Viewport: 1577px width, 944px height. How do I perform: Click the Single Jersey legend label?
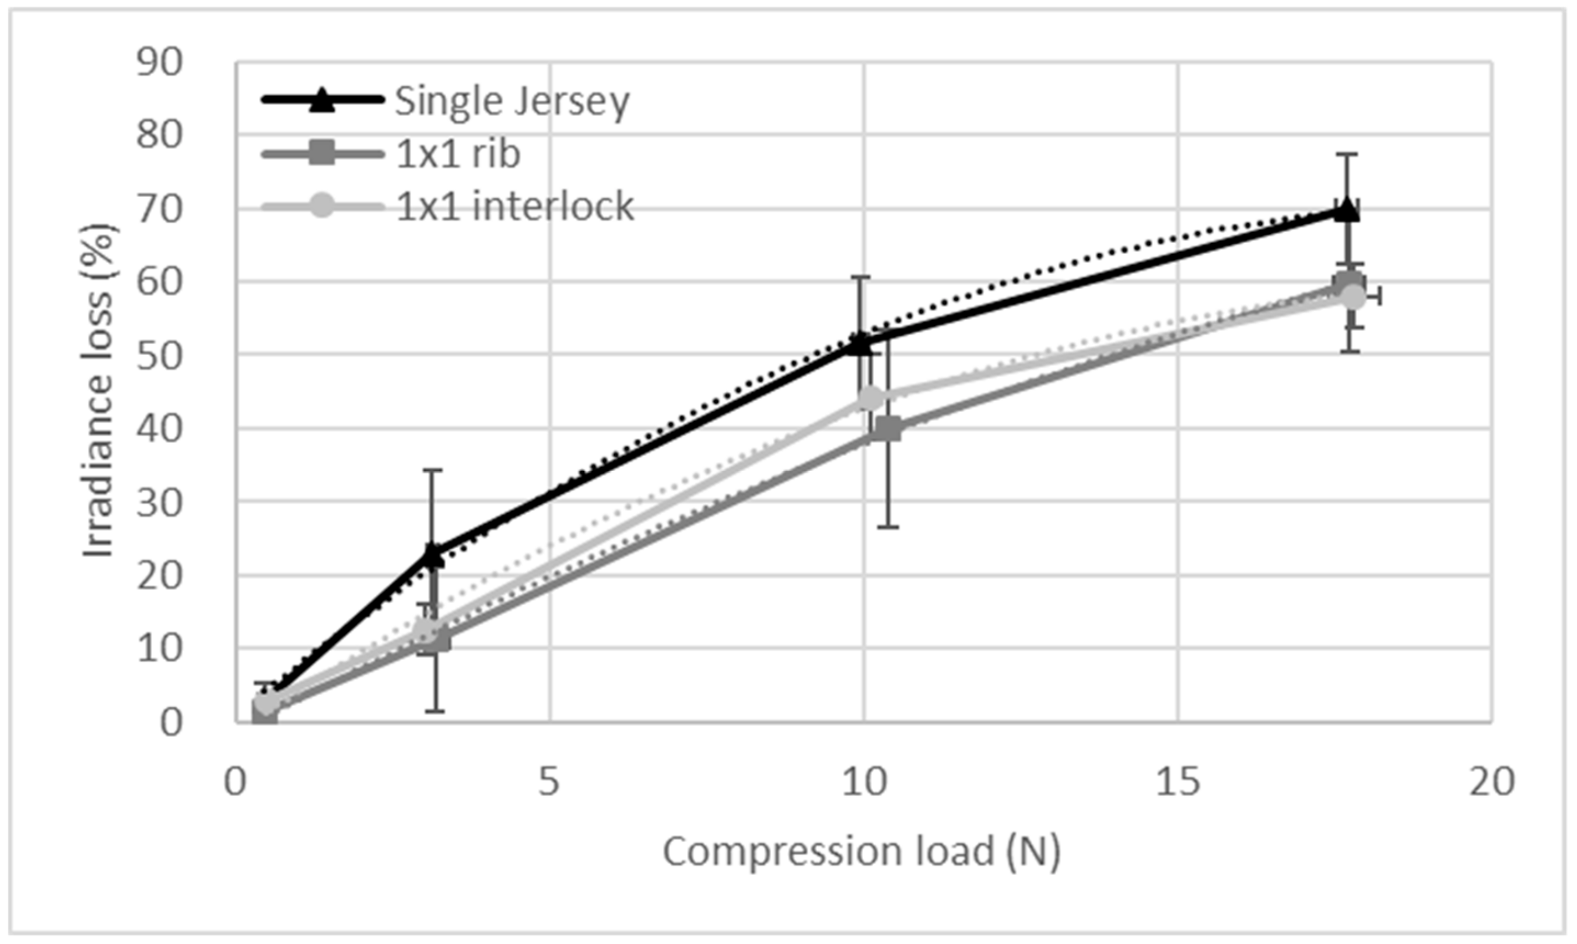512,100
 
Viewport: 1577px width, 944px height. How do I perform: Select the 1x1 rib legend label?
458,153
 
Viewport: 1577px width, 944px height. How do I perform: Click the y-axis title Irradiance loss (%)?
99,391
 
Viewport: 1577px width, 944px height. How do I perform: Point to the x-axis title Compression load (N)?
862,851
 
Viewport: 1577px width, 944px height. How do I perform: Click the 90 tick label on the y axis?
159,62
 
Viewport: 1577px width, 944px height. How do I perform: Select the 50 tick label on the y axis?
159,355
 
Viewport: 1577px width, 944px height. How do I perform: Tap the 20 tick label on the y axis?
159,575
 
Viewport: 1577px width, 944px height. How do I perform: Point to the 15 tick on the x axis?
1178,781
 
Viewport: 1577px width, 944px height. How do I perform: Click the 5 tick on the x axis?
549,781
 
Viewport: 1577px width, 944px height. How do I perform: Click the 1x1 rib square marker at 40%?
888,429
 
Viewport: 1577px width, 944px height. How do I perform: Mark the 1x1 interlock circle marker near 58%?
1353,296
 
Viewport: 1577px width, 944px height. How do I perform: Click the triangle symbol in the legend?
322,100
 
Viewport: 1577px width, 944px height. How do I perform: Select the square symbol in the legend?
322,153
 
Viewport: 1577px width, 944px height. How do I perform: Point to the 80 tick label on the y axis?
159,135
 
